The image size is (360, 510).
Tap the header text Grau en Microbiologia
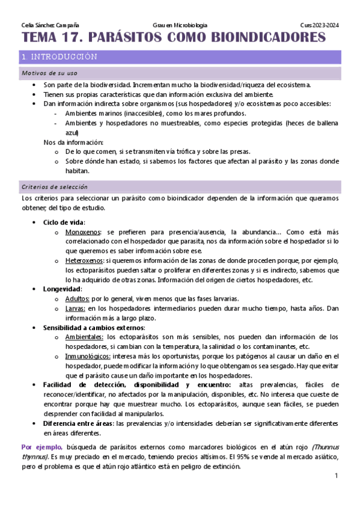click(180, 25)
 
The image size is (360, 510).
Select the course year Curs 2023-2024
click(320, 25)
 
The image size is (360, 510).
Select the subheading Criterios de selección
click(54, 186)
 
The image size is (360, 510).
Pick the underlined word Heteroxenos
click(85, 260)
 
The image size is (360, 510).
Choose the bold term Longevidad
click(61, 289)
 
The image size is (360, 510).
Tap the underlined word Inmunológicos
click(87, 356)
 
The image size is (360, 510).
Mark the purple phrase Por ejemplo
click(42, 447)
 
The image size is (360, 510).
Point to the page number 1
click(337, 476)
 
